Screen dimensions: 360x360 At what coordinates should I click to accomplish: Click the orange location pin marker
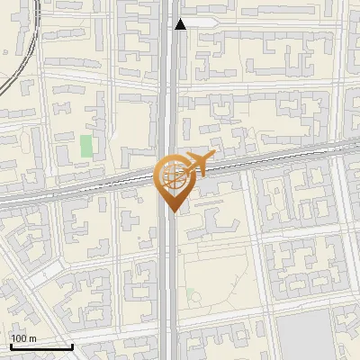click(173, 181)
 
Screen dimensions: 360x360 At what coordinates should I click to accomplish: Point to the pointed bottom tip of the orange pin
click(173, 211)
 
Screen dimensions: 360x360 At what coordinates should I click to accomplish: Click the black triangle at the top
click(181, 23)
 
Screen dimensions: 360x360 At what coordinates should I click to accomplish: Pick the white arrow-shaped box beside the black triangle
click(202, 22)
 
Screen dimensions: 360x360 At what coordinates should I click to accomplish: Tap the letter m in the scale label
click(32, 337)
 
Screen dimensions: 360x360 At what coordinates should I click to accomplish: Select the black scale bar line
click(40, 346)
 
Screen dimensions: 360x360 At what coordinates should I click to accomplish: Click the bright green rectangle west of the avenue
click(86, 145)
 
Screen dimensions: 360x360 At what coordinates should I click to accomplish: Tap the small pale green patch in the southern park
click(192, 293)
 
